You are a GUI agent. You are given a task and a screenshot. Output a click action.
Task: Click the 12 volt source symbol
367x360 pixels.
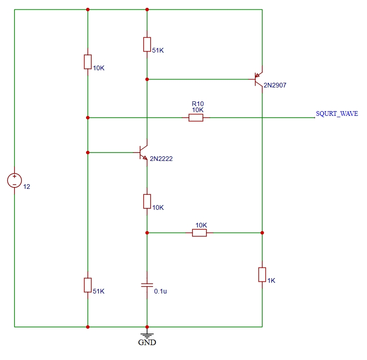pos(14,180)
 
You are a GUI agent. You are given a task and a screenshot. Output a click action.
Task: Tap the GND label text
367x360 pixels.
pos(147,342)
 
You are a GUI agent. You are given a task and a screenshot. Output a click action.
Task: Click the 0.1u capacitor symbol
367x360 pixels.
pos(147,285)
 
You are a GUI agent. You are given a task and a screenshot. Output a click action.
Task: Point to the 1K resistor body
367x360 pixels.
pos(262,274)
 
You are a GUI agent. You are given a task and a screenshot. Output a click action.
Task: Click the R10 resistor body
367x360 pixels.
pos(196,118)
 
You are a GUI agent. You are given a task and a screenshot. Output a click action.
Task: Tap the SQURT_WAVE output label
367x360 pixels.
pos(337,114)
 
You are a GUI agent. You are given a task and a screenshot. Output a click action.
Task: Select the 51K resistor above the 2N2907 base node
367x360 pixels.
pos(147,44)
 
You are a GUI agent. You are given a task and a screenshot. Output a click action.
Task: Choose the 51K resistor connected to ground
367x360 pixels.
pos(88,285)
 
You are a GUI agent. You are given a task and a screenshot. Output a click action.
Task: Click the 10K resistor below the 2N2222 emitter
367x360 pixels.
pos(147,201)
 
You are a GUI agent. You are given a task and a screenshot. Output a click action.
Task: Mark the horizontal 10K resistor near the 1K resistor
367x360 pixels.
pos(200,233)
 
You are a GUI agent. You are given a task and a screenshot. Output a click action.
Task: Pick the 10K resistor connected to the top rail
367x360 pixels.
pos(88,62)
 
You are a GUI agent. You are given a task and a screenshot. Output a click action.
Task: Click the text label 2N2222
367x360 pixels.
pos(161,159)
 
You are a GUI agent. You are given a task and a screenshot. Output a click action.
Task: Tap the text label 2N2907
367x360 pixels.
pos(275,85)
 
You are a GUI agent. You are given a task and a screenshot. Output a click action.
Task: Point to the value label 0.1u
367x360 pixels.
pos(160,292)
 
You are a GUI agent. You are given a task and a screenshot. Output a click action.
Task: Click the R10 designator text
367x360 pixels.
pos(198,104)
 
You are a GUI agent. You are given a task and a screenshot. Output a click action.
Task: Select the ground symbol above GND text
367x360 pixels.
pos(147,335)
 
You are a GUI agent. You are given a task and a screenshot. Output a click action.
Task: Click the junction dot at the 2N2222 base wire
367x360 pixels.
pos(88,153)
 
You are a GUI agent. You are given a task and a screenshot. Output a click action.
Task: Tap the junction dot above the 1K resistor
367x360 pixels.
pos(262,233)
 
